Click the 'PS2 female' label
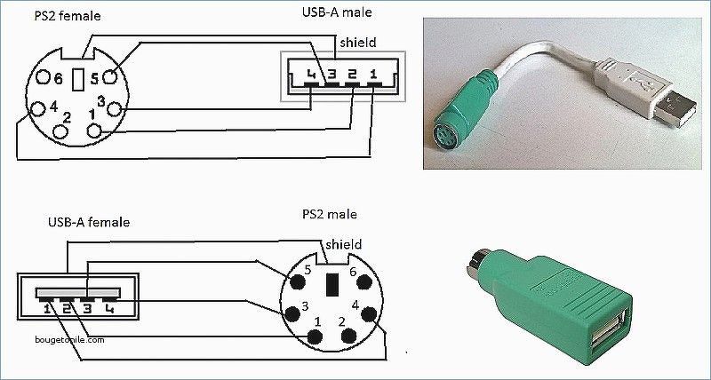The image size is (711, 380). pos(68,16)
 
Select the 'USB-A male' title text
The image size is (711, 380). pos(337,12)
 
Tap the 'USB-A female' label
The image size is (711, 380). pos(89,222)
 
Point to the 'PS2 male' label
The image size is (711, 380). pos(330,214)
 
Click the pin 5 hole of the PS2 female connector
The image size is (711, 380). pos(110,77)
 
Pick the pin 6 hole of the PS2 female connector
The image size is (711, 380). pos(43,77)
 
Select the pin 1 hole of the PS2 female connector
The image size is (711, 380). pos(94,131)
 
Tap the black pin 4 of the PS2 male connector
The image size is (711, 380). pos(369,314)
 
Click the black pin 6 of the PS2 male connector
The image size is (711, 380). pos(364,281)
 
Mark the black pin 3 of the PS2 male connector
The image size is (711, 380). pos(292,313)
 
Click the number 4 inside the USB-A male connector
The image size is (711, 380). pos(310,74)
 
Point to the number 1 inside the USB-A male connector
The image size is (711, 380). pos(373,74)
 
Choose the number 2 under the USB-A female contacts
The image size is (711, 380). pos(67,309)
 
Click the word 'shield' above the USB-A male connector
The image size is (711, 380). pos(358,42)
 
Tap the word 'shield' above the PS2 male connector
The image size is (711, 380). pos(344,244)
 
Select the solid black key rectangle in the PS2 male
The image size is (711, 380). pos(332,285)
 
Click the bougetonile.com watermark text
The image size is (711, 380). pos(69,339)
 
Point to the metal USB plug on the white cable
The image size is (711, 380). pos(675,109)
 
